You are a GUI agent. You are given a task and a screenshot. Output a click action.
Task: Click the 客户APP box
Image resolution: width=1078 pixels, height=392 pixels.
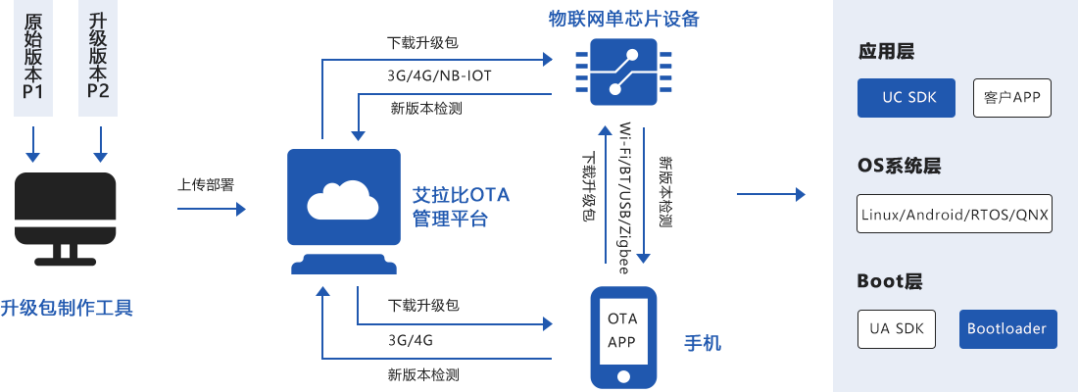click(x=1012, y=98)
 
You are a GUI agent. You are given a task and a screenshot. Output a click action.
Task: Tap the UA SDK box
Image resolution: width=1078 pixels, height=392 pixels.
click(x=896, y=329)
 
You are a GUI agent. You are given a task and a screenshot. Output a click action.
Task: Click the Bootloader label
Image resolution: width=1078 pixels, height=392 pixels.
click(x=1006, y=329)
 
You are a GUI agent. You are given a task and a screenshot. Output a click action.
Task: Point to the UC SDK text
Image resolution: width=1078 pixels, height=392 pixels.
click(x=909, y=98)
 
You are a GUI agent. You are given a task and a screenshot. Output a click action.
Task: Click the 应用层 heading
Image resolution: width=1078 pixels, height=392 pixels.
click(x=886, y=52)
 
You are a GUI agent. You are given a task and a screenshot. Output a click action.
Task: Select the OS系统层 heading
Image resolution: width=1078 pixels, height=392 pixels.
click(x=899, y=166)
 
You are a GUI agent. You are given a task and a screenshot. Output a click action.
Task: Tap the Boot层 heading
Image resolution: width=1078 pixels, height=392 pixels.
click(x=890, y=281)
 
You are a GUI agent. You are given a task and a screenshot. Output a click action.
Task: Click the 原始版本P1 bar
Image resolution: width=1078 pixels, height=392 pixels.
click(x=32, y=59)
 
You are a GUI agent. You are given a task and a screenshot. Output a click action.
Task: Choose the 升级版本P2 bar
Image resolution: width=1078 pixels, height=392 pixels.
click(x=98, y=59)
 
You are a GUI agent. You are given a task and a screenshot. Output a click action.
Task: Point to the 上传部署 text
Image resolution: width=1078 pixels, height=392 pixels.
click(x=205, y=185)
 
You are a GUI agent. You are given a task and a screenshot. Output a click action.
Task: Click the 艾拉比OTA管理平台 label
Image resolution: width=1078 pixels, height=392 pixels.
click(x=461, y=207)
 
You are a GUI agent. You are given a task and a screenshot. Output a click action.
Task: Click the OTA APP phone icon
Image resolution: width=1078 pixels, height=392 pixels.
click(x=622, y=336)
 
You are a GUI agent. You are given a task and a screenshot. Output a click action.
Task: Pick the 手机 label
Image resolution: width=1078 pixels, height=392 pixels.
click(x=702, y=343)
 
